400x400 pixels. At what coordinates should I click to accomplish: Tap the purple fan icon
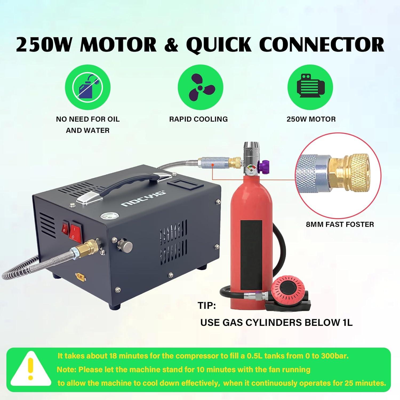point(200,87)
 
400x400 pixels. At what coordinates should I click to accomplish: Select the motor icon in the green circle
point(311,87)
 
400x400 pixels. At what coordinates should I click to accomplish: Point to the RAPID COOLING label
point(198,119)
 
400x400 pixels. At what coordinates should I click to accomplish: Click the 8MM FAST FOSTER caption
point(340,224)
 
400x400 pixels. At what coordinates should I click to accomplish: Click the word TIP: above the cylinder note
point(207,306)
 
